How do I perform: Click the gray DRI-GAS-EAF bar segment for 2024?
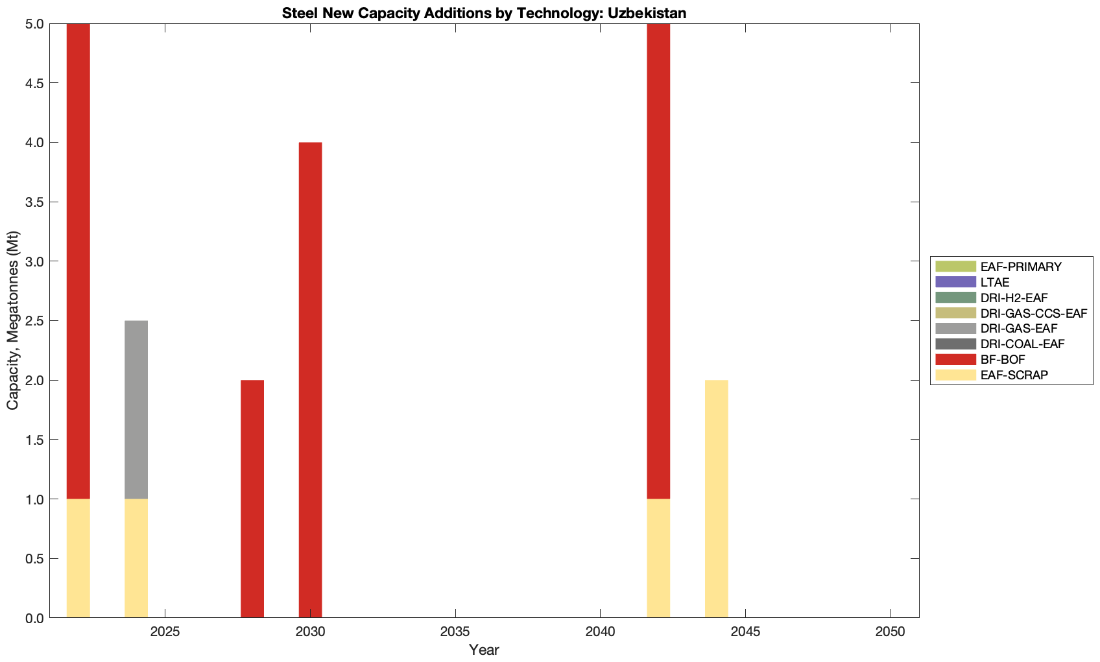click(x=136, y=409)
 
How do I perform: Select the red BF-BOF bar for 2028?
click(x=252, y=499)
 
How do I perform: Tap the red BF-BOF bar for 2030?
click(x=310, y=380)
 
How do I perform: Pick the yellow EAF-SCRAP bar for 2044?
click(x=717, y=499)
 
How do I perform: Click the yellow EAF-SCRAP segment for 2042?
click(x=658, y=558)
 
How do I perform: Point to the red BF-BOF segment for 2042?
click(x=658, y=261)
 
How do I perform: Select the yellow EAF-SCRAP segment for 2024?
click(x=136, y=558)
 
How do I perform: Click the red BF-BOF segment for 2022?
click(x=78, y=261)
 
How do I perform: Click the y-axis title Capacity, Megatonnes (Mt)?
click(x=13, y=320)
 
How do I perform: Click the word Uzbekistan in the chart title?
click(x=647, y=13)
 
